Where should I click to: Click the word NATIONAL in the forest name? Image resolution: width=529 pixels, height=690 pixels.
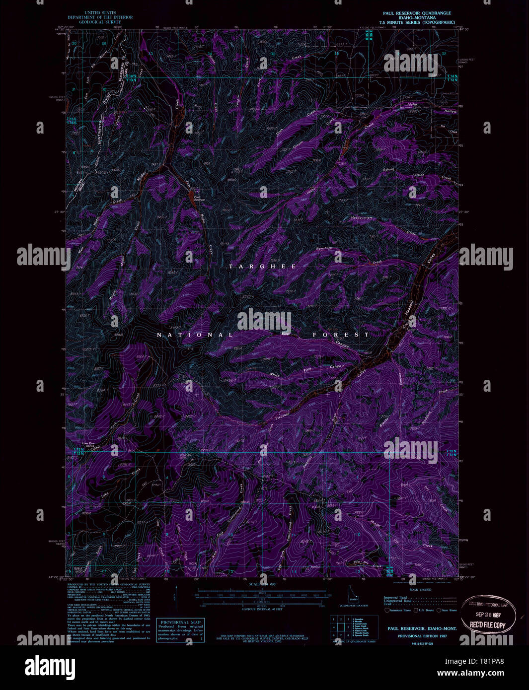pos(191,335)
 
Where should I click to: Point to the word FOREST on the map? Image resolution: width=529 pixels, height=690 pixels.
pos(341,335)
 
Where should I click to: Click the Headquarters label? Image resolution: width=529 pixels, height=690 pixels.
pos(362,217)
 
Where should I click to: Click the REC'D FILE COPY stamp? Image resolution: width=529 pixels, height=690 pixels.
pos(489,625)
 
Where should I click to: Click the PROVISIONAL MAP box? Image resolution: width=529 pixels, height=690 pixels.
pos(180,630)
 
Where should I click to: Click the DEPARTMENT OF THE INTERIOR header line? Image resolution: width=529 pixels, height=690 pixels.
pos(108,17)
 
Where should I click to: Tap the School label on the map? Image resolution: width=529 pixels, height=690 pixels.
pos(388,169)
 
